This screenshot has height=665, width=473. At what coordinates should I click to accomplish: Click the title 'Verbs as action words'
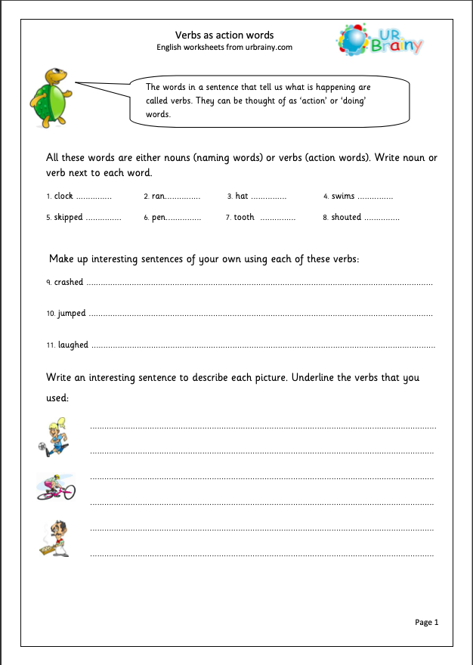tap(224, 35)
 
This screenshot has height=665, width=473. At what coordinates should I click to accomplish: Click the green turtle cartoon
tap(50, 97)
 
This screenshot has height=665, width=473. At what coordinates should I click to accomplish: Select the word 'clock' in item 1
tap(63, 196)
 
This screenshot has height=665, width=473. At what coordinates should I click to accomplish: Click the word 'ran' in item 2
tap(158, 196)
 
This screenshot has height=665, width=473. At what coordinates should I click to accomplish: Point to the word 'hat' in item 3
tap(242, 196)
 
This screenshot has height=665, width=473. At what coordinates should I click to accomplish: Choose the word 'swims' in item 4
tap(343, 196)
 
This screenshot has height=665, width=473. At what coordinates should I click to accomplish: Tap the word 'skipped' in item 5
tap(68, 218)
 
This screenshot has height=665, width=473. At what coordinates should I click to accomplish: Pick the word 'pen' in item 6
tap(159, 218)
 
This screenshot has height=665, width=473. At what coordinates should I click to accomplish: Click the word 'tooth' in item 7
tap(244, 218)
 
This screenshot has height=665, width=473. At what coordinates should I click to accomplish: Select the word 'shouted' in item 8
tap(346, 218)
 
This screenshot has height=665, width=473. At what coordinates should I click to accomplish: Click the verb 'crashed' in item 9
tap(69, 283)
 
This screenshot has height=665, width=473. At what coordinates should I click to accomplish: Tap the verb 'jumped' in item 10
tap(72, 314)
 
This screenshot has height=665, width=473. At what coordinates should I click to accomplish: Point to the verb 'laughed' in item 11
tap(73, 345)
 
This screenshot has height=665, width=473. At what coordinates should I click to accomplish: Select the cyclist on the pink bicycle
tap(56, 487)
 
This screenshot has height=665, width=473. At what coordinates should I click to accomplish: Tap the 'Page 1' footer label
tap(426, 622)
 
